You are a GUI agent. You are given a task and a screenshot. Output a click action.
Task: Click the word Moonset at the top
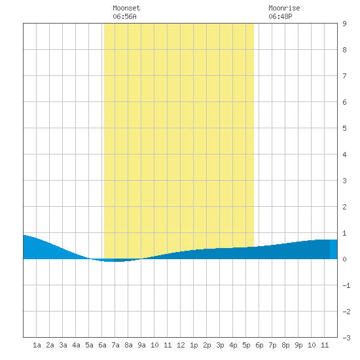click(x=126, y=8)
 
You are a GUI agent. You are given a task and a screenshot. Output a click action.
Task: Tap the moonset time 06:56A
click(x=124, y=16)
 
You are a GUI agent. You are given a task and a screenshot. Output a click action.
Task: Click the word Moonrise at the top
click(x=284, y=8)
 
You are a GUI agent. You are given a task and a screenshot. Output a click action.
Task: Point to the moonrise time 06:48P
click(x=280, y=16)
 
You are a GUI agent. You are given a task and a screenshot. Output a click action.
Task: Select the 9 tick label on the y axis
click(x=344, y=24)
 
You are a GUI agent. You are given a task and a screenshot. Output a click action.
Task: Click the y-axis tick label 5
click(x=344, y=128)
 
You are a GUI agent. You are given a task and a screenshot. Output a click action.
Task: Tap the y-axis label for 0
click(x=344, y=259)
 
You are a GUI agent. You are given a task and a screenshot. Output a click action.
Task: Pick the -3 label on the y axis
click(x=346, y=338)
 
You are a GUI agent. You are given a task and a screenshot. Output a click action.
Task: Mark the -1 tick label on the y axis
click(x=346, y=285)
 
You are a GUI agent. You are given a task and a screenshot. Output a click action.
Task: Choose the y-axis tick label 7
click(x=344, y=76)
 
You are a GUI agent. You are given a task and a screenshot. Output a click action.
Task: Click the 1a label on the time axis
click(x=37, y=345)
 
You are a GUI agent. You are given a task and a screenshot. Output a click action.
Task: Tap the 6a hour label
click(x=102, y=345)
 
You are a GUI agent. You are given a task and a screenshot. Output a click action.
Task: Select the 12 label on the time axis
click(x=181, y=345)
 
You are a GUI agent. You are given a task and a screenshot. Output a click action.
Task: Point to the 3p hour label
click(x=220, y=345)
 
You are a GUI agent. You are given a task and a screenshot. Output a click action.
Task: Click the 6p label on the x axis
click(x=259, y=345)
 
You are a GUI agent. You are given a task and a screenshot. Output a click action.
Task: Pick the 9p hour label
click(x=298, y=345)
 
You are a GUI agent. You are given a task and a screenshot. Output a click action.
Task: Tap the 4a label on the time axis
click(x=76, y=345)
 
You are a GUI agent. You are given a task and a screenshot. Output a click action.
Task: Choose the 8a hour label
click(x=128, y=345)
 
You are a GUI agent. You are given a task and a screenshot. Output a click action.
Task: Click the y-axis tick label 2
click(x=344, y=207)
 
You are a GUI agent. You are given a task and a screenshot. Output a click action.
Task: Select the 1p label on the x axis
click(x=194, y=345)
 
